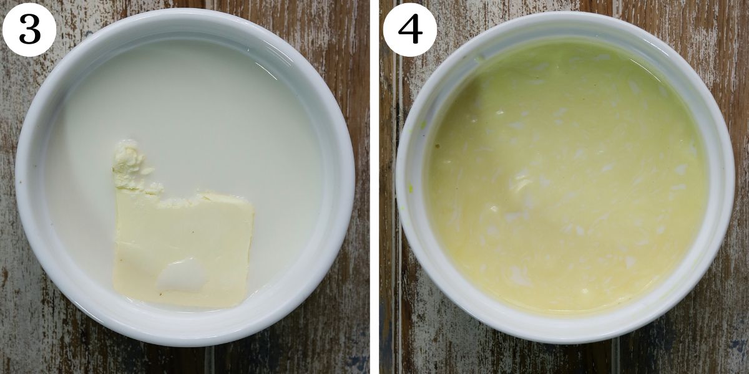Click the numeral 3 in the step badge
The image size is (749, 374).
[29, 29]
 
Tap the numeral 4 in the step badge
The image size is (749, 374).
[410, 29]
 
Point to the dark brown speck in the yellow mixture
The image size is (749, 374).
[438, 146]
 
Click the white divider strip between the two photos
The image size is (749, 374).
[374, 187]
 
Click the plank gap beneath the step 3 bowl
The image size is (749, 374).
[209, 360]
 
